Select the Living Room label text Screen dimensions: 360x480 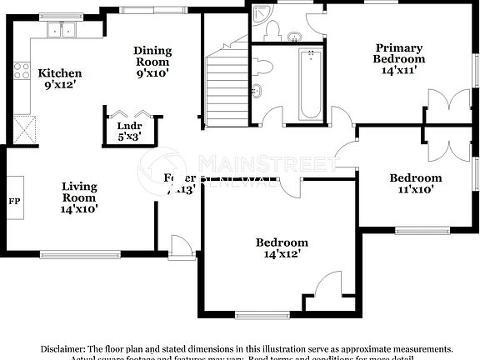point(79,192)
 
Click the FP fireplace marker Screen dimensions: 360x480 point(14,202)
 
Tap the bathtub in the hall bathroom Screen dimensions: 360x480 point(310,83)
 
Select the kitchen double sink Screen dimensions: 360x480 point(62,30)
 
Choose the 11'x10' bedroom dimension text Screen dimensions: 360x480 point(416,189)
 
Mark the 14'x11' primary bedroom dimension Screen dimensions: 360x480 point(399,70)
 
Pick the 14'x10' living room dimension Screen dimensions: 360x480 point(79,209)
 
